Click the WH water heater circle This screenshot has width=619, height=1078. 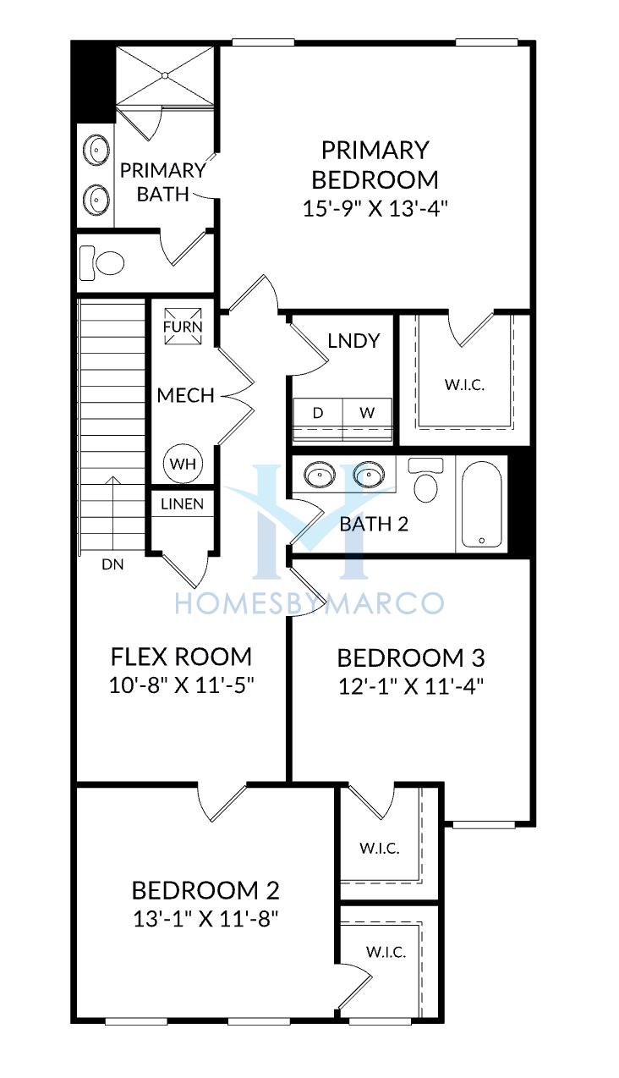(x=184, y=464)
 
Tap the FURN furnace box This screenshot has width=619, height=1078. (x=183, y=327)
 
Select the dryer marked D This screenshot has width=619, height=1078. (x=318, y=419)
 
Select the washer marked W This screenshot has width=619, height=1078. (x=368, y=419)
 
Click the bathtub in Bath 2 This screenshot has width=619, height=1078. (x=481, y=503)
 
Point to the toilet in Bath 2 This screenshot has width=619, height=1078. (x=425, y=480)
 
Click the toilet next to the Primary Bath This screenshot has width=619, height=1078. (x=102, y=262)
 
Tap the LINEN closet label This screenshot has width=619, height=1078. (x=183, y=503)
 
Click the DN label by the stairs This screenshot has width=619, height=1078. (x=113, y=564)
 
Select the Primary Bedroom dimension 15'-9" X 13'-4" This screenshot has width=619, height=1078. (x=375, y=209)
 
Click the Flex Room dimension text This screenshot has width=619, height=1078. (x=181, y=685)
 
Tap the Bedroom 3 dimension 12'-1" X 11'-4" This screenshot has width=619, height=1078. (x=411, y=686)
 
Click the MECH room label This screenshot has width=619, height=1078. (x=186, y=395)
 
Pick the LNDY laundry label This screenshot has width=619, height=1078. (x=353, y=341)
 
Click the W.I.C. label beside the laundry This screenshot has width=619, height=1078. (x=464, y=385)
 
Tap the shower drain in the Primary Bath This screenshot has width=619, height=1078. (x=165, y=75)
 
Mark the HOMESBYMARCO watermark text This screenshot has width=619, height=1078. (x=309, y=603)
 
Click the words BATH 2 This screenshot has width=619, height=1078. (x=374, y=524)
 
